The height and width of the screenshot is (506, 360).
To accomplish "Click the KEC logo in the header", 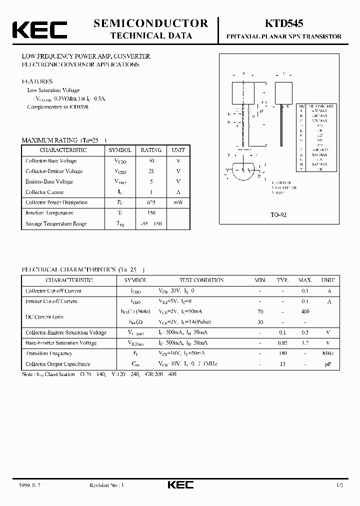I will tap(39, 29).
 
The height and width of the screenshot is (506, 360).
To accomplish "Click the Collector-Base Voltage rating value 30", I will tap(151, 161).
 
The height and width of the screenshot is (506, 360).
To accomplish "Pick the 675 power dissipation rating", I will tap(151, 202).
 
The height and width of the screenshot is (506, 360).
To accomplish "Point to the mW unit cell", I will tap(178, 202).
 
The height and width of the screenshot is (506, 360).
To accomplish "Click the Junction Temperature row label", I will tap(49, 213).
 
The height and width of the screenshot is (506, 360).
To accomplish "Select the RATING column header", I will tap(151, 150).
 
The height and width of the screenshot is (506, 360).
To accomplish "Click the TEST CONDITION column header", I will tap(201, 280).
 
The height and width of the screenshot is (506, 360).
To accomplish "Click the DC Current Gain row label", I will tap(44, 317).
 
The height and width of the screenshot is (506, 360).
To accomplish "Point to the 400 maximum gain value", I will tap(305, 311).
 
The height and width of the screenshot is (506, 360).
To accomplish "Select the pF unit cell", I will tap(328, 364).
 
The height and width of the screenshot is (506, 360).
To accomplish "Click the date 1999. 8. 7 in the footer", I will tap(31, 485).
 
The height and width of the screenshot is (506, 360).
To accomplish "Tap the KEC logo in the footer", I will tap(180, 485).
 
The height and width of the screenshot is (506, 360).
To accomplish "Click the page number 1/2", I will tap(340, 485).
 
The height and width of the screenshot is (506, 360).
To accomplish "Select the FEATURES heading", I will tap(37, 81).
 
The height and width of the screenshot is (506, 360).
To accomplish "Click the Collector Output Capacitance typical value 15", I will tap(282, 364).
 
